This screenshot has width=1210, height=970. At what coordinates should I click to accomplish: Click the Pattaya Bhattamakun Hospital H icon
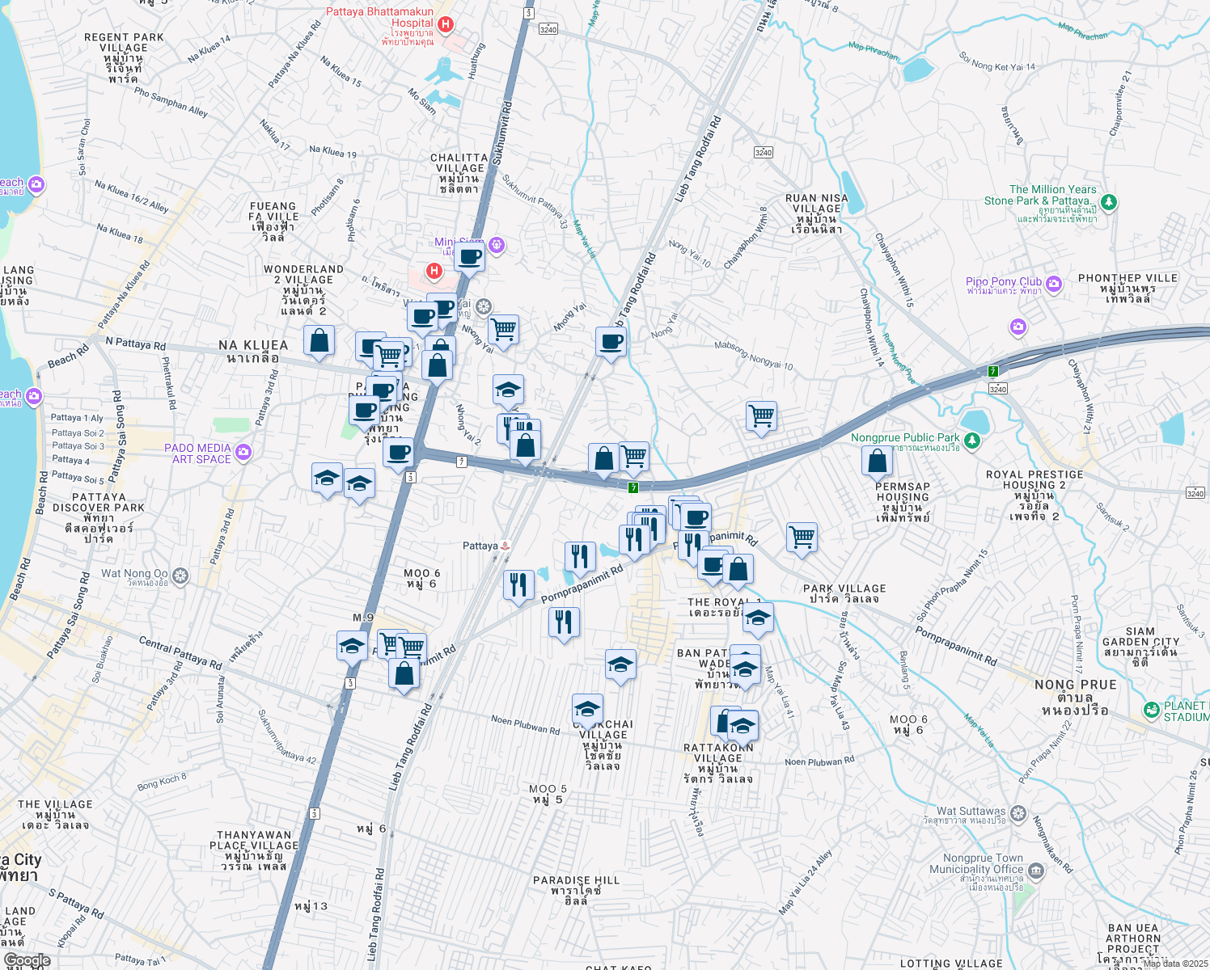click(x=445, y=25)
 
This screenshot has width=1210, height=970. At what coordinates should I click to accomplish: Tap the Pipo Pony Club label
click(x=1004, y=282)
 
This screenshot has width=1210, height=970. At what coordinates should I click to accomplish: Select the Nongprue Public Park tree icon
click(x=972, y=441)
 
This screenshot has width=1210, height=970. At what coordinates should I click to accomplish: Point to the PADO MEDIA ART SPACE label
click(x=197, y=453)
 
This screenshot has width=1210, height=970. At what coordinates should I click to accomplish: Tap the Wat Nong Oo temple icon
click(x=180, y=576)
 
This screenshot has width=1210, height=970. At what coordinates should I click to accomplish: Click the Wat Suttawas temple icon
click(x=1018, y=812)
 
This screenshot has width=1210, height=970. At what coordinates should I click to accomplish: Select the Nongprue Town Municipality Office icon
click(x=1035, y=871)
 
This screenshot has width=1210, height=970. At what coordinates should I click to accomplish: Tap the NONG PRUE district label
click(x=1075, y=685)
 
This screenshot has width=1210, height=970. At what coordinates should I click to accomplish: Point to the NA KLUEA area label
click(x=253, y=346)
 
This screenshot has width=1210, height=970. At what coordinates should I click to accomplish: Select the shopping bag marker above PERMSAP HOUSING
click(x=878, y=462)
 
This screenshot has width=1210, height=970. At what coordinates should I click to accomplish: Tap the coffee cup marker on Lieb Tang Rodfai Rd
click(x=611, y=341)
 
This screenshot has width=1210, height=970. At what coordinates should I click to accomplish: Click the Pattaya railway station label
click(x=480, y=546)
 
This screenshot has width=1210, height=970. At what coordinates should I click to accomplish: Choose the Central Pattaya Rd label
click(x=180, y=653)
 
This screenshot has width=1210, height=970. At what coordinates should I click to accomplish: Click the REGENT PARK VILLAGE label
click(x=124, y=48)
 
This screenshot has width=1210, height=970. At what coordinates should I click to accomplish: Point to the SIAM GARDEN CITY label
click(x=1140, y=637)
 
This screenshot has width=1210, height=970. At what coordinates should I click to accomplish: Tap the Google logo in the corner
click(x=27, y=960)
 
